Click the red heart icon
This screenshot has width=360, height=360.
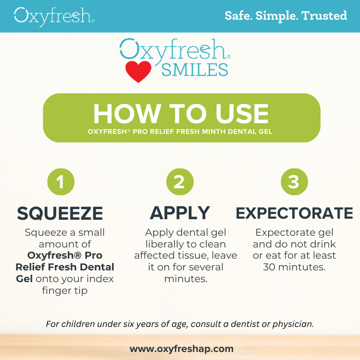[138, 71]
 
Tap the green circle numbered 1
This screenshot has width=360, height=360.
[61, 182]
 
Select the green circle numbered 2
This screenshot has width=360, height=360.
[180, 182]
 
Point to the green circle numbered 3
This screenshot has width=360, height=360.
[294, 182]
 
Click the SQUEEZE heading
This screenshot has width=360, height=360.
[60, 213]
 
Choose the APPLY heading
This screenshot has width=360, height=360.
[180, 213]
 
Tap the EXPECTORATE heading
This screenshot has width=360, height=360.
[294, 213]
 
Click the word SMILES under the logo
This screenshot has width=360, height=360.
[195, 70]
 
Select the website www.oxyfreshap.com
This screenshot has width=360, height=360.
[181, 349]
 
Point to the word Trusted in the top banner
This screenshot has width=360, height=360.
[324, 15]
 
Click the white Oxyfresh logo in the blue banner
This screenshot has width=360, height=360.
[54, 17]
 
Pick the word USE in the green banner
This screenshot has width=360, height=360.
[242, 114]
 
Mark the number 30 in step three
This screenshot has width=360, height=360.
[269, 267]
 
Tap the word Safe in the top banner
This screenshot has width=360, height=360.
[238, 15]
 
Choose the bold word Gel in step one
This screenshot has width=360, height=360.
[24, 279]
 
